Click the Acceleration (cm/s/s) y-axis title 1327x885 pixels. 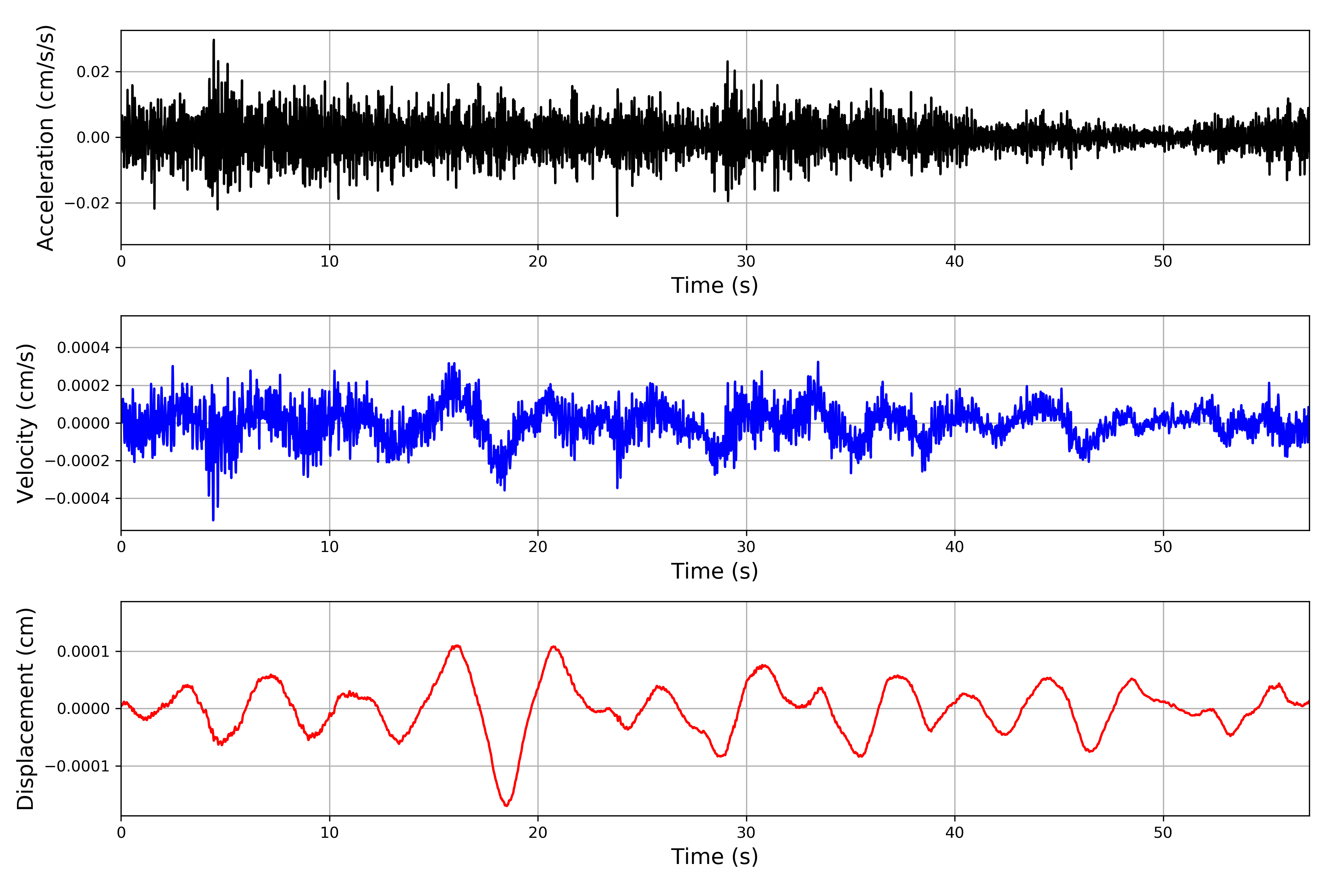45,138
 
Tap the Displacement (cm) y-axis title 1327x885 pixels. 26,709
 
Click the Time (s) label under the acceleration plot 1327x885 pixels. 714,285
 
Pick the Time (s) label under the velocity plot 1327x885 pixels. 714,571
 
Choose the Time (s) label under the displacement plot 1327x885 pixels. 714,857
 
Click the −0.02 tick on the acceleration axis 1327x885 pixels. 87,203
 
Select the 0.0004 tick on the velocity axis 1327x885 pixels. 84,348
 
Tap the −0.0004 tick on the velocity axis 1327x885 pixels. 77,499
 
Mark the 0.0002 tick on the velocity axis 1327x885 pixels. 84,385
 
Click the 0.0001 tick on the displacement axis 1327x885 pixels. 84,652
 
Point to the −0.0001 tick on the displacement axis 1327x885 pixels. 77,767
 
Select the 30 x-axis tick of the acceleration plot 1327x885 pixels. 746,262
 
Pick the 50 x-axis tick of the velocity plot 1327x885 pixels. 1163,547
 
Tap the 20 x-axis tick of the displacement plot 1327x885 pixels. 538,833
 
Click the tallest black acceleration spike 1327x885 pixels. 213,41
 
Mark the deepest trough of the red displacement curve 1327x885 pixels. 506,805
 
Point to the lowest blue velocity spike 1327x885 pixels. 213,519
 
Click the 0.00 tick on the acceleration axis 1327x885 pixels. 93,138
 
